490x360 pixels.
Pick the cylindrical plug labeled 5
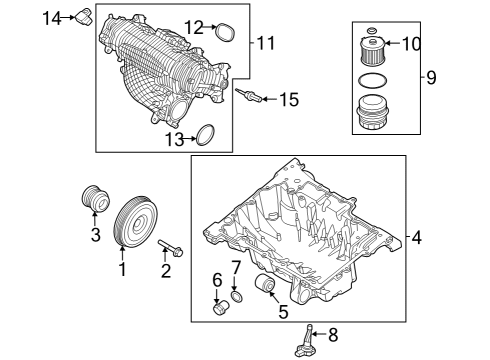click(x=266, y=289)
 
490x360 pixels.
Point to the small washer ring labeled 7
click(x=236, y=298)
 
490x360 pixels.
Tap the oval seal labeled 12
click(x=224, y=32)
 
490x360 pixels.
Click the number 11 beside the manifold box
click(x=265, y=43)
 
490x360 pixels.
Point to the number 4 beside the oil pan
click(x=416, y=238)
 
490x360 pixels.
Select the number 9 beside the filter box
click(x=431, y=77)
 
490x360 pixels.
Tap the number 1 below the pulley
click(x=123, y=268)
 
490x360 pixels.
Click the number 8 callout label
click(x=333, y=334)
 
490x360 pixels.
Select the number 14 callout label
click(x=55, y=16)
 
